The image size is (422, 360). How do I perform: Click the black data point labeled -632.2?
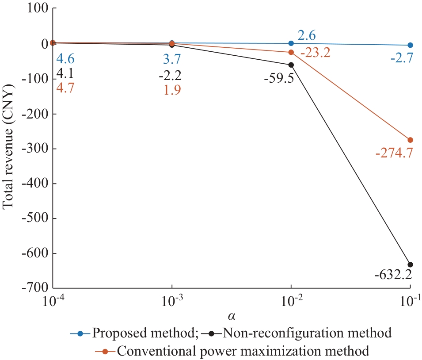[x=410, y=264]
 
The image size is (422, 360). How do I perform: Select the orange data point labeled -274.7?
[x=410, y=140]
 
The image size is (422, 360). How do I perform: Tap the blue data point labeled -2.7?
[x=410, y=45]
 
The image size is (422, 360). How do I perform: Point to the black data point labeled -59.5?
[x=291, y=65]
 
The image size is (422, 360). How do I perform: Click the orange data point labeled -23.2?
[x=291, y=52]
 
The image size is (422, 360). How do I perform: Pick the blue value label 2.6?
[x=306, y=35]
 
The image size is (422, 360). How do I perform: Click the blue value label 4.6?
[x=65, y=58]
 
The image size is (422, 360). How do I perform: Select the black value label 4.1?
[x=65, y=73]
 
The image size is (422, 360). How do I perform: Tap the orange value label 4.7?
[x=65, y=88]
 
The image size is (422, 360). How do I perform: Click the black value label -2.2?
[x=170, y=74]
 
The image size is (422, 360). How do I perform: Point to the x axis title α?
[x=232, y=317]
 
